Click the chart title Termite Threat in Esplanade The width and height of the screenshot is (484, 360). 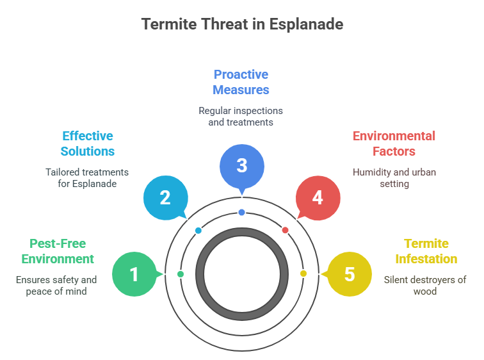242,24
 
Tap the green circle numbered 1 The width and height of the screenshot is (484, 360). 134,274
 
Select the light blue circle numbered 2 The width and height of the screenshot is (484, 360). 165,197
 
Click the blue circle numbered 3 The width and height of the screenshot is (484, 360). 241,165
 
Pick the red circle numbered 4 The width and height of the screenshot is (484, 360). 318,197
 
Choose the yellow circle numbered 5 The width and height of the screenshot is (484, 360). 349,274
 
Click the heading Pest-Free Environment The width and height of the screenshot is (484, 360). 58,251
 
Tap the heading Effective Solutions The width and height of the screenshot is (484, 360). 88,143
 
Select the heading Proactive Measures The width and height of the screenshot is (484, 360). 241,82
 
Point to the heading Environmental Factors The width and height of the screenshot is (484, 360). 394,143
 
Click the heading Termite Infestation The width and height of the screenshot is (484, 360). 426,251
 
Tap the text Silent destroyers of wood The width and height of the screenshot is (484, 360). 425,285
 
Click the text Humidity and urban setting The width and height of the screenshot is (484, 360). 394,177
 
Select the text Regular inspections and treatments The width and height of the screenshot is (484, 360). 241,116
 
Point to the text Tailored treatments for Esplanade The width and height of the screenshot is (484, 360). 87,177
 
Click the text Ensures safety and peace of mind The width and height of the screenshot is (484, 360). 56,285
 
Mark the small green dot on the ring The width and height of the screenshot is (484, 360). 181,274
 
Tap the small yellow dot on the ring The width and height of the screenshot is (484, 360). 303,274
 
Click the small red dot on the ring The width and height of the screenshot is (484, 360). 286,230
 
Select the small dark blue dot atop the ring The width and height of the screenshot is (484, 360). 241,212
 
